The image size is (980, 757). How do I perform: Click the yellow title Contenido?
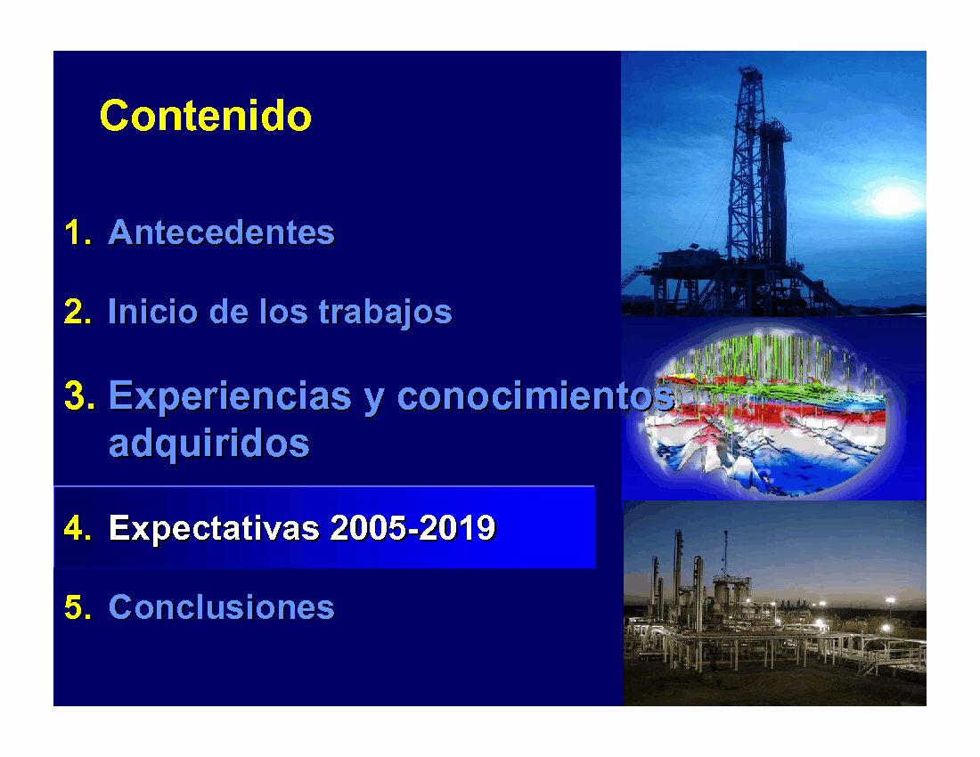pos(206,116)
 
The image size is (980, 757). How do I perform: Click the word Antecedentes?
pos(221,232)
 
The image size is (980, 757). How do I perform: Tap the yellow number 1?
pos(77,232)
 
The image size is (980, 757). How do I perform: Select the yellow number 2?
pos(78,311)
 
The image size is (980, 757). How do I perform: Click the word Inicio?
pos(152,311)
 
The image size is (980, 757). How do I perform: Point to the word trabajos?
pos(385,313)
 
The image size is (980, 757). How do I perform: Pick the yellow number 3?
pos(79,396)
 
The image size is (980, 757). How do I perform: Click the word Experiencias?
pos(230,396)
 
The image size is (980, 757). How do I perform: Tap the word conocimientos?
pos(535,396)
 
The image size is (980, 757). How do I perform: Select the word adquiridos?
pos(208,444)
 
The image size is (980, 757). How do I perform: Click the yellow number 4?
pos(78,528)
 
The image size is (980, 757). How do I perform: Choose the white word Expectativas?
pos(215,528)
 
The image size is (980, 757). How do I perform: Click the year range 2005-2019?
pos(412,528)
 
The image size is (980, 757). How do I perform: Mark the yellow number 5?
pos(78,607)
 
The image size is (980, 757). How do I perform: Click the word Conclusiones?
pos(221,607)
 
